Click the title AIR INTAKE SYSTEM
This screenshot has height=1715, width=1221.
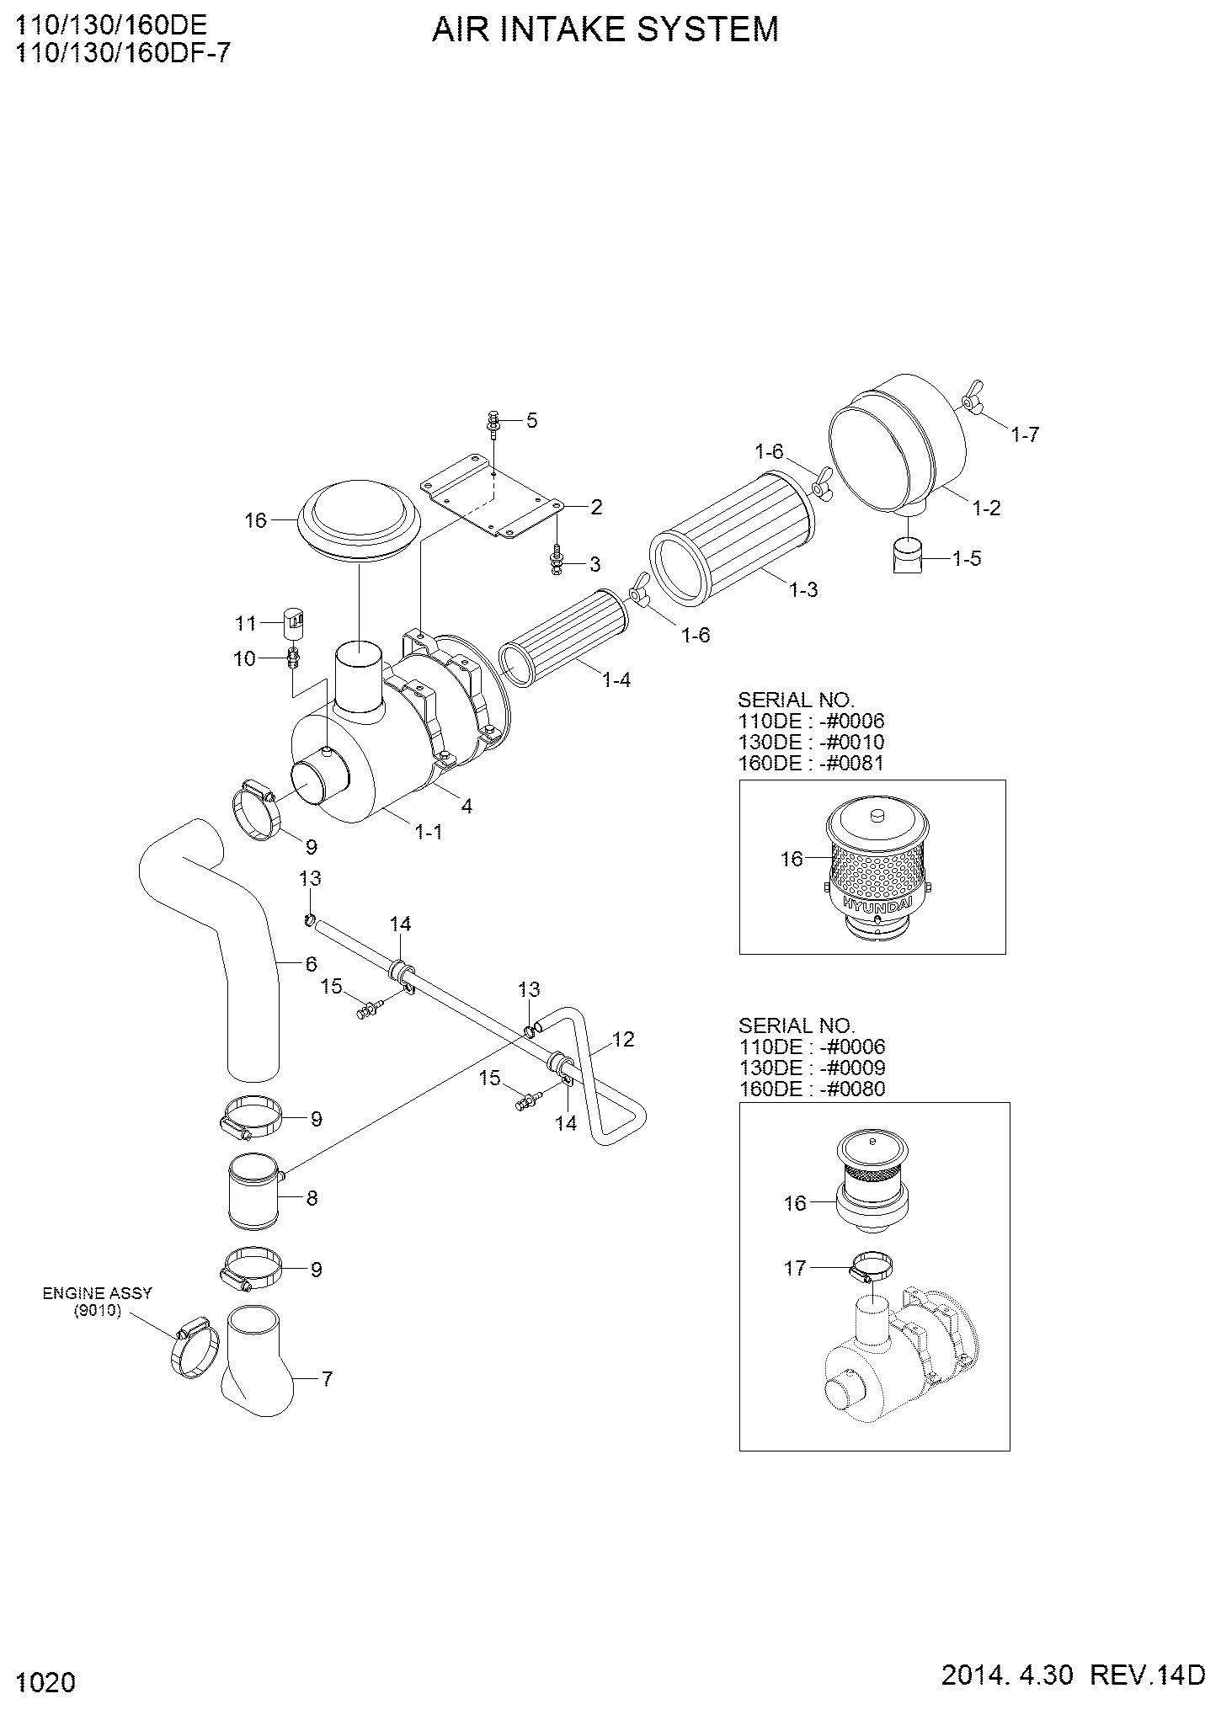(x=605, y=29)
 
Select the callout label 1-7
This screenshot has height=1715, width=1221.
(x=1025, y=434)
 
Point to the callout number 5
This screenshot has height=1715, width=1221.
(x=531, y=420)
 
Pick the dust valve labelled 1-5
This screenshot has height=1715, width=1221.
(x=907, y=557)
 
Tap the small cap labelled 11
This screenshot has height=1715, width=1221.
(x=294, y=622)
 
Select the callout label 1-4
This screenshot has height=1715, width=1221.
(x=616, y=679)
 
